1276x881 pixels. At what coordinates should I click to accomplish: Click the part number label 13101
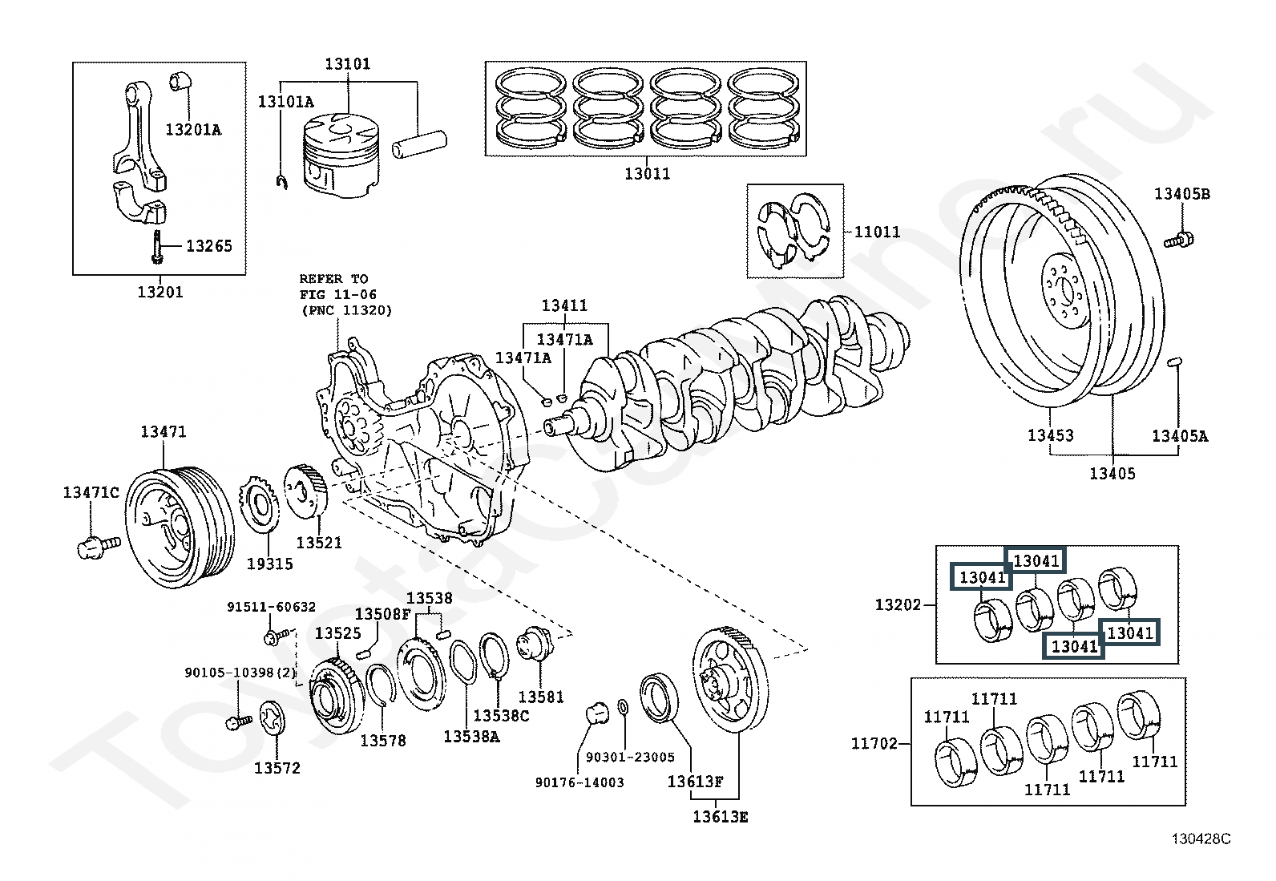(x=348, y=64)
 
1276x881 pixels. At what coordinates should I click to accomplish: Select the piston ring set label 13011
(x=647, y=173)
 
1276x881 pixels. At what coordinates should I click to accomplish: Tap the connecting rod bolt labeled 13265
(x=156, y=246)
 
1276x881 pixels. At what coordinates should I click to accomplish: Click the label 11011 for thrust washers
(x=877, y=232)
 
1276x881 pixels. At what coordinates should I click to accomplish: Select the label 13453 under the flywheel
(x=1050, y=435)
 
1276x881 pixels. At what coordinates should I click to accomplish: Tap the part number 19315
(x=269, y=564)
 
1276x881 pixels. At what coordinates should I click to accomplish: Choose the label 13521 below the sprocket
(x=319, y=543)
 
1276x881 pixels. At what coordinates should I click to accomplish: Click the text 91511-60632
(x=271, y=608)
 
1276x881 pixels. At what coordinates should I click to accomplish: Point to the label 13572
(x=277, y=768)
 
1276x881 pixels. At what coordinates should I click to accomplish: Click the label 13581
(x=541, y=697)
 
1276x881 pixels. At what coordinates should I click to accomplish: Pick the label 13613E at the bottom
(x=721, y=817)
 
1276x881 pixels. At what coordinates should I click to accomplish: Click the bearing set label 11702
(x=874, y=744)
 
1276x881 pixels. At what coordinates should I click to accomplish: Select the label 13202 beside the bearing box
(x=898, y=605)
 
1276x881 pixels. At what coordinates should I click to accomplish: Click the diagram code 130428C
(x=1201, y=839)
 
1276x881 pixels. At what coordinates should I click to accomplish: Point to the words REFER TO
(x=333, y=280)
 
